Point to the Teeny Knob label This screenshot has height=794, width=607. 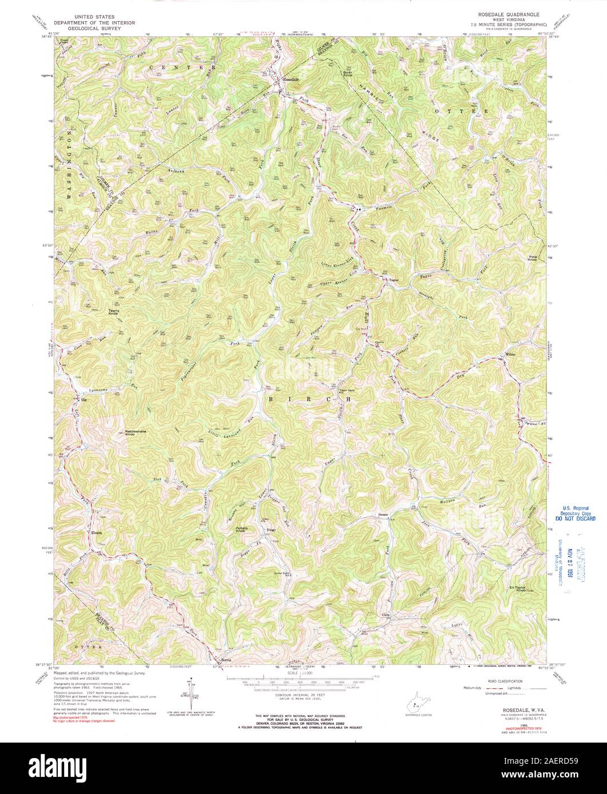[x=114, y=312]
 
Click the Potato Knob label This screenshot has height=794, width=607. [x=242, y=529]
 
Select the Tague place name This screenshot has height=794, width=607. [x=394, y=280]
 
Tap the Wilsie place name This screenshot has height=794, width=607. [x=510, y=355]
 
